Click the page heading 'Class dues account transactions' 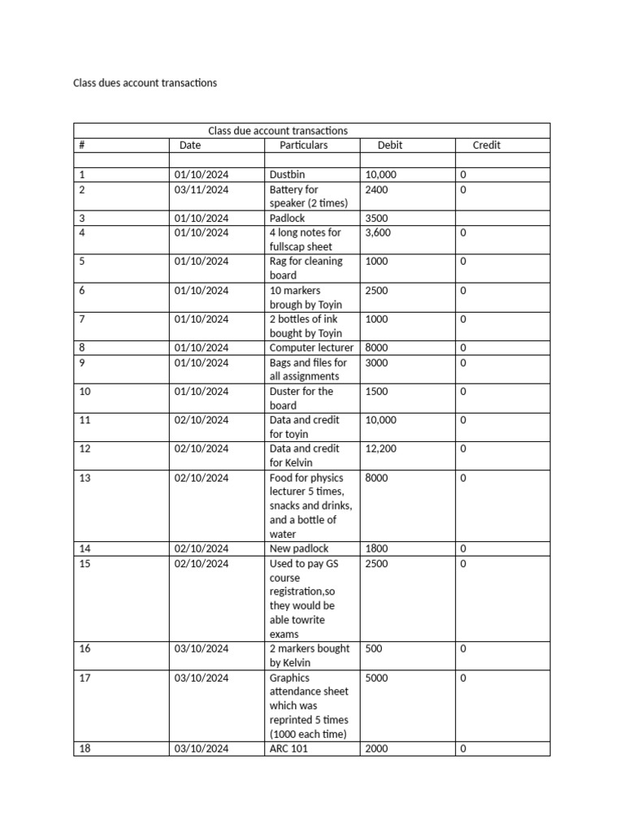tap(145, 83)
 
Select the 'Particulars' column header tap(303, 145)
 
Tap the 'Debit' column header tap(390, 145)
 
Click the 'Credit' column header tap(487, 145)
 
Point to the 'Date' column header tap(190, 145)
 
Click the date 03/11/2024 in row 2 tap(201, 189)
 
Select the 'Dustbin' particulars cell tap(288, 175)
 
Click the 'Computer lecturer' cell tap(312, 348)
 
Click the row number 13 tap(84, 478)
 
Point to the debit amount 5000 tap(377, 678)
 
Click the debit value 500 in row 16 tap(374, 648)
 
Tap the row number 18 tap(84, 749)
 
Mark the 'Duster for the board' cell tap(301, 398)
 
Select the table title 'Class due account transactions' tap(278, 130)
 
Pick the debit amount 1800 tap(377, 548)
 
